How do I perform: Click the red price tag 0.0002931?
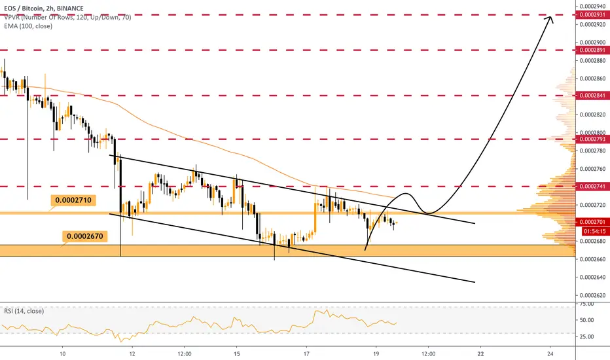point(592,15)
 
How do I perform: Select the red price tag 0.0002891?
point(592,50)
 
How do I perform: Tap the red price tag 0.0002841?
point(592,96)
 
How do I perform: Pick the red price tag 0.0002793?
point(592,139)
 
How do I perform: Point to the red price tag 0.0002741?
point(592,187)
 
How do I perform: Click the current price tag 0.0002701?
point(592,223)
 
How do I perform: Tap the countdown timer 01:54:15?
point(595,231)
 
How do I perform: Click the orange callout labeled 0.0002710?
point(73,200)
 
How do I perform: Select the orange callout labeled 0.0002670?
point(85,236)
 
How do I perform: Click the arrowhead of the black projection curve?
point(550,19)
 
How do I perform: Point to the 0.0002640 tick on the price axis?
point(592,277)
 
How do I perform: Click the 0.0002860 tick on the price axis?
point(592,79)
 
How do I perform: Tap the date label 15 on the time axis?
point(236,353)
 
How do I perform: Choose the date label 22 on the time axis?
point(481,353)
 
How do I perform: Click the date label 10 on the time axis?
point(62,353)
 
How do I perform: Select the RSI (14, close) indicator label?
point(24,311)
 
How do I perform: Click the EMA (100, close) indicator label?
point(28,26)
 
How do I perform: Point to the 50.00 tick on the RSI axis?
point(586,320)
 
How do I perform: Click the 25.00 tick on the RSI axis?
point(586,336)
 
